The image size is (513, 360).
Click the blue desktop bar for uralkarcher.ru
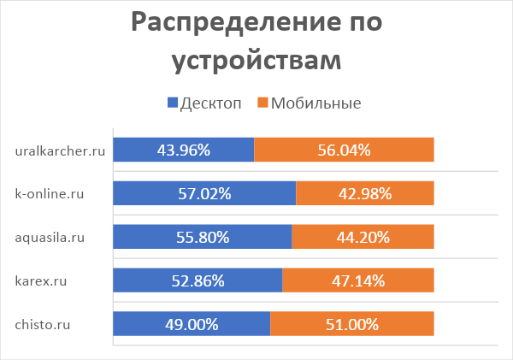[183, 150]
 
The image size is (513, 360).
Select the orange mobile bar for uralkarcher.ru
[344, 150]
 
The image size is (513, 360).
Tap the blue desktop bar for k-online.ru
[203, 193]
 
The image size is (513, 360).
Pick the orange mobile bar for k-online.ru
[365, 193]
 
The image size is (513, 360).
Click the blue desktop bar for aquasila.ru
[202, 237]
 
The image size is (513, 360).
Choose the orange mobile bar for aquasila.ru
[363, 237]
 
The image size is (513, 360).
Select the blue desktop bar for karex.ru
[197, 280]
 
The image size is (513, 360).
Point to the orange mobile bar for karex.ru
[358, 280]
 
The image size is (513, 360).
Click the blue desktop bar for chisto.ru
[191, 324]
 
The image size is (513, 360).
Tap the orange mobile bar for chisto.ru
[352, 324]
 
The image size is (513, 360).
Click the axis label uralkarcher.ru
[61, 151]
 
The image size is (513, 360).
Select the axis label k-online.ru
[50, 194]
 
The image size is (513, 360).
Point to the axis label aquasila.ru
[50, 238]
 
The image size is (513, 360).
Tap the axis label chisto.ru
[43, 325]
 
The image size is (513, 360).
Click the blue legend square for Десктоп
[173, 103]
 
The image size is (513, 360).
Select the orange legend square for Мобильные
[262, 103]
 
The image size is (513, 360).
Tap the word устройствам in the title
[256, 61]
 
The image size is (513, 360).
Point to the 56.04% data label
[344, 150]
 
